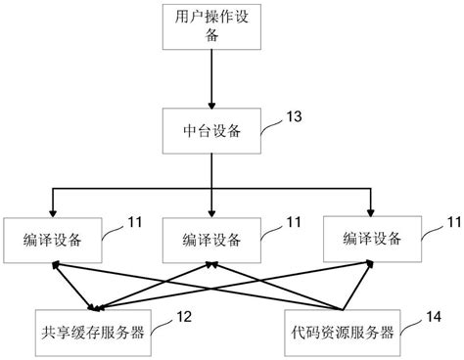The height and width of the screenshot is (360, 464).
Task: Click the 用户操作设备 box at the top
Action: tap(210, 26)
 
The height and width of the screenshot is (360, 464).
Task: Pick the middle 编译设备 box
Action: tap(209, 238)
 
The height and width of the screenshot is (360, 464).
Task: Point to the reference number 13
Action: tap(294, 116)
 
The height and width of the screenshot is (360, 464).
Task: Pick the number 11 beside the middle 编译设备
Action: tap(291, 224)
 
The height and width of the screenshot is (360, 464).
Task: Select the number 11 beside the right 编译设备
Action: tap(451, 224)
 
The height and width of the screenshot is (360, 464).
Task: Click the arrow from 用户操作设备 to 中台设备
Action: tap(211, 78)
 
